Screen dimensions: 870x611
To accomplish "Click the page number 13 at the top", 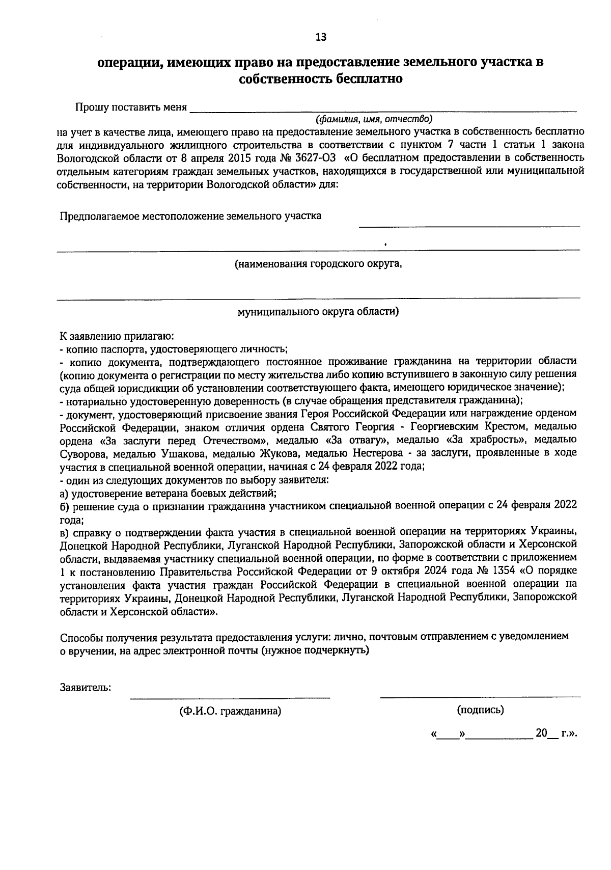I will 321,37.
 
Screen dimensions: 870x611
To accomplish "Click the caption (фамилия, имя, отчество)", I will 374,119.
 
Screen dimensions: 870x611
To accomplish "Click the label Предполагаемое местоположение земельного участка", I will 190,216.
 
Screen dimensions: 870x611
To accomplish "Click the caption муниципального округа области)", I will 318,312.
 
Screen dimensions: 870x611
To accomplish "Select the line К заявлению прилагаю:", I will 117,337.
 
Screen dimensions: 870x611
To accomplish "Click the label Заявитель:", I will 86,687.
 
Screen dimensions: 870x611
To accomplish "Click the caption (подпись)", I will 480,710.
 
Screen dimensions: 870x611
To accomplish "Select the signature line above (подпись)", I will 480,696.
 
